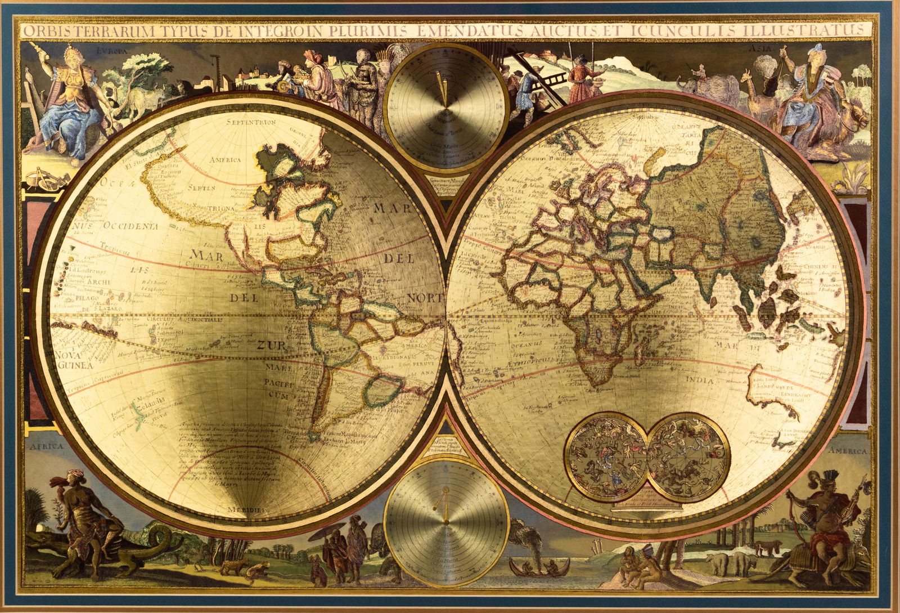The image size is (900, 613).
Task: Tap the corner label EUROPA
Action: coord(112,50)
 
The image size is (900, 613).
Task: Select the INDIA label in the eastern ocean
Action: coord(700,381)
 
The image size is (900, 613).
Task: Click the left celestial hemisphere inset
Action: coord(606,455)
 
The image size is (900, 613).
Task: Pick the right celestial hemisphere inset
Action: coord(687,455)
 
